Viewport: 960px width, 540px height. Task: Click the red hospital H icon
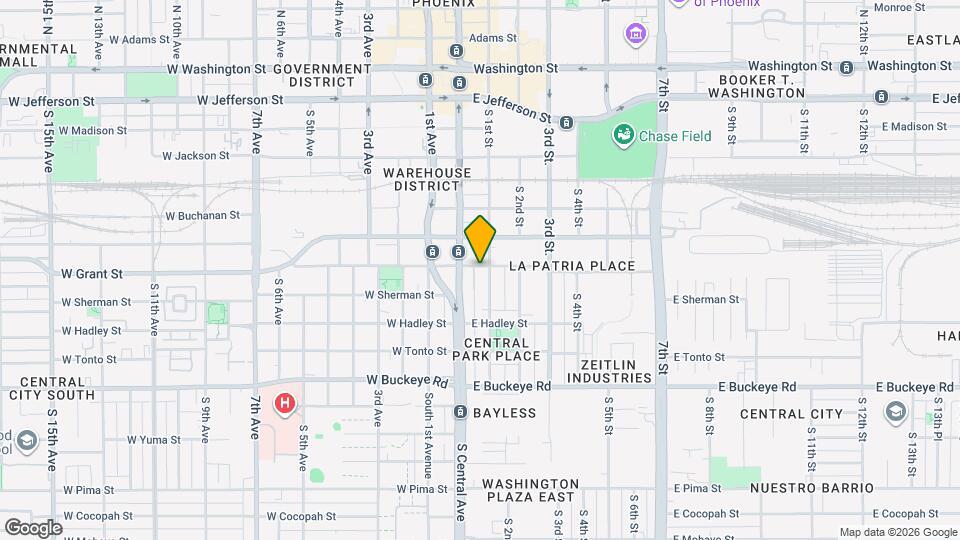coord(285,404)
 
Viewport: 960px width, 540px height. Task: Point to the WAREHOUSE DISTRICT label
coord(427,179)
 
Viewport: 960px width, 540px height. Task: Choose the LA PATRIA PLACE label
coord(572,266)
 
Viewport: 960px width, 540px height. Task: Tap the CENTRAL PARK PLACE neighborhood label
coord(502,349)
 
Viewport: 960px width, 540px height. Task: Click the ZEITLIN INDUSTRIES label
coord(609,371)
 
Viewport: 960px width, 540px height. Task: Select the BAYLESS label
coord(504,412)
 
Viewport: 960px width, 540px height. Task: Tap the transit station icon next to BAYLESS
coord(460,412)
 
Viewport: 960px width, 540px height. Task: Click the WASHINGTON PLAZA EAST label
coord(530,489)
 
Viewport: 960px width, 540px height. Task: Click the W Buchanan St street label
coord(203,215)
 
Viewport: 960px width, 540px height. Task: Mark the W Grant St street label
coord(91,273)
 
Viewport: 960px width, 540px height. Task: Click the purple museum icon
coord(634,36)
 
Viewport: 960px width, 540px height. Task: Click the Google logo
coord(32,527)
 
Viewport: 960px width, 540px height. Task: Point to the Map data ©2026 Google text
coord(896,532)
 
